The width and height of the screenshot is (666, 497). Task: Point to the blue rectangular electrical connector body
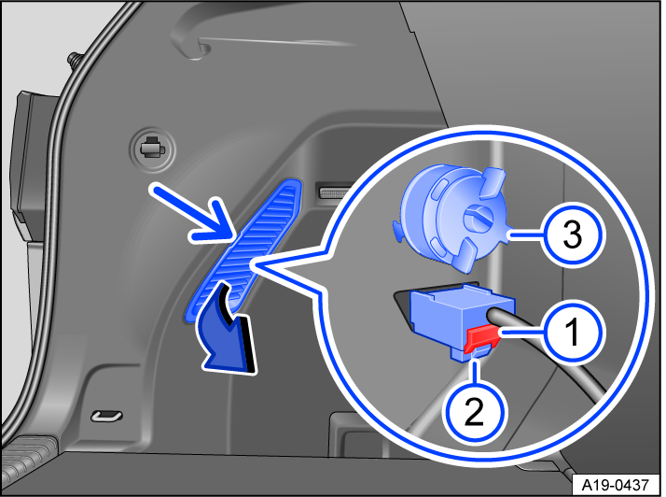click(446, 318)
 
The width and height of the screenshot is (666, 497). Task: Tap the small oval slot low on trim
click(105, 416)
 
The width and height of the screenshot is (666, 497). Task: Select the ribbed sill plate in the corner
click(28, 459)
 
